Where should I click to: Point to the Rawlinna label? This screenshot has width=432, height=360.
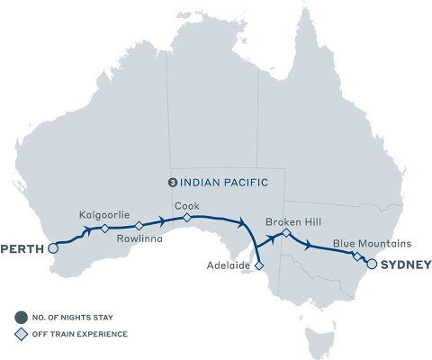139,240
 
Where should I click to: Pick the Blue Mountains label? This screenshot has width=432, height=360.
373,243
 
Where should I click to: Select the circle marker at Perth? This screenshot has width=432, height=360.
52,247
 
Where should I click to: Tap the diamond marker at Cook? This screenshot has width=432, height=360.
186,218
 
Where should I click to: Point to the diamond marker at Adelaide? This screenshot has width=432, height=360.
258,266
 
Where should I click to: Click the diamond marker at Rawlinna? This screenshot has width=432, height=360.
139,227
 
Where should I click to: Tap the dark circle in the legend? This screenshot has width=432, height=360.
19,316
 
